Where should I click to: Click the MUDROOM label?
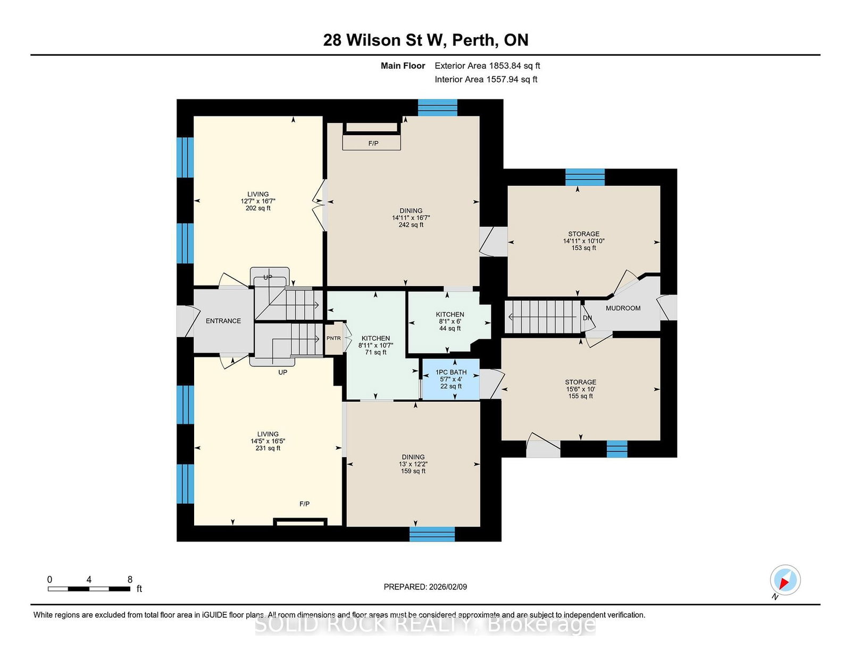[623, 308]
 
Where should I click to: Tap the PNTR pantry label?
[333, 338]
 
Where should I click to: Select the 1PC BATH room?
[450, 379]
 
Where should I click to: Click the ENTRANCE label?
[223, 321]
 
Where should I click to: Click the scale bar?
[89, 589]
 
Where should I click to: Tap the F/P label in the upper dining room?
[373, 143]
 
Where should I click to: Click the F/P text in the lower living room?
[304, 504]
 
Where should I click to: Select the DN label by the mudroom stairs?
[587, 318]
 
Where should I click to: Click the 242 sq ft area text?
[411, 225]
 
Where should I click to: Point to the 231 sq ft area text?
[268, 448]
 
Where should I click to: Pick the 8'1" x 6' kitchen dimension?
[450, 321]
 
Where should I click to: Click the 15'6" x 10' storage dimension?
[580, 389]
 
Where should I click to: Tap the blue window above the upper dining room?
[437, 107]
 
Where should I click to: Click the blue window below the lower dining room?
[432, 534]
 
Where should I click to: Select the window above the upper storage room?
[585, 177]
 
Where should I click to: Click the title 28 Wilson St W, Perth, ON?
[425, 40]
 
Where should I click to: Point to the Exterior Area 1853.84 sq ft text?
[487, 66]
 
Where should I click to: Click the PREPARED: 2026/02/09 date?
[425, 587]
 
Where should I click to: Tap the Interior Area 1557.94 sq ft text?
[486, 79]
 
